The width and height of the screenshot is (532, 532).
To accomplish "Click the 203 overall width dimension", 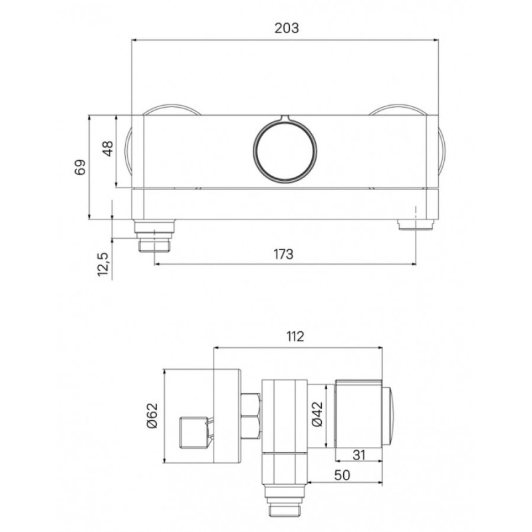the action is [287, 28].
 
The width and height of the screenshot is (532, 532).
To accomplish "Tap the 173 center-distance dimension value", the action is [283, 254].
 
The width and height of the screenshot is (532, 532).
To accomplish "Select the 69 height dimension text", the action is [80, 167].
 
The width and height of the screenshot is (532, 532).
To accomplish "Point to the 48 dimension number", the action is [108, 148].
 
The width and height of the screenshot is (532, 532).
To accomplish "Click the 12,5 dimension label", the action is [102, 264].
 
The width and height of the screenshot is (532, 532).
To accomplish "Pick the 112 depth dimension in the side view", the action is [295, 336].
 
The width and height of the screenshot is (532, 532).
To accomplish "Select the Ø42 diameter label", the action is [317, 414].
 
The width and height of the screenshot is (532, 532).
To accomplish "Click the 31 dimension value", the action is [358, 455].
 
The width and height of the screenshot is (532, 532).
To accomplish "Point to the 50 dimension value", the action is [342, 475].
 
